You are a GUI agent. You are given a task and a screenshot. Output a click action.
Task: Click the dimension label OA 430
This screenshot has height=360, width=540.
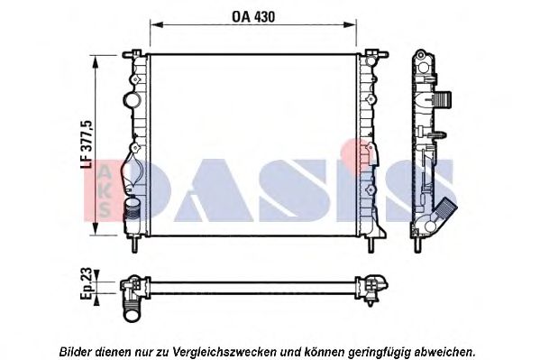point(253,17)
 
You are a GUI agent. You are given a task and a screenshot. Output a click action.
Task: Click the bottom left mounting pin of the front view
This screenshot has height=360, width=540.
point(134,244)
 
